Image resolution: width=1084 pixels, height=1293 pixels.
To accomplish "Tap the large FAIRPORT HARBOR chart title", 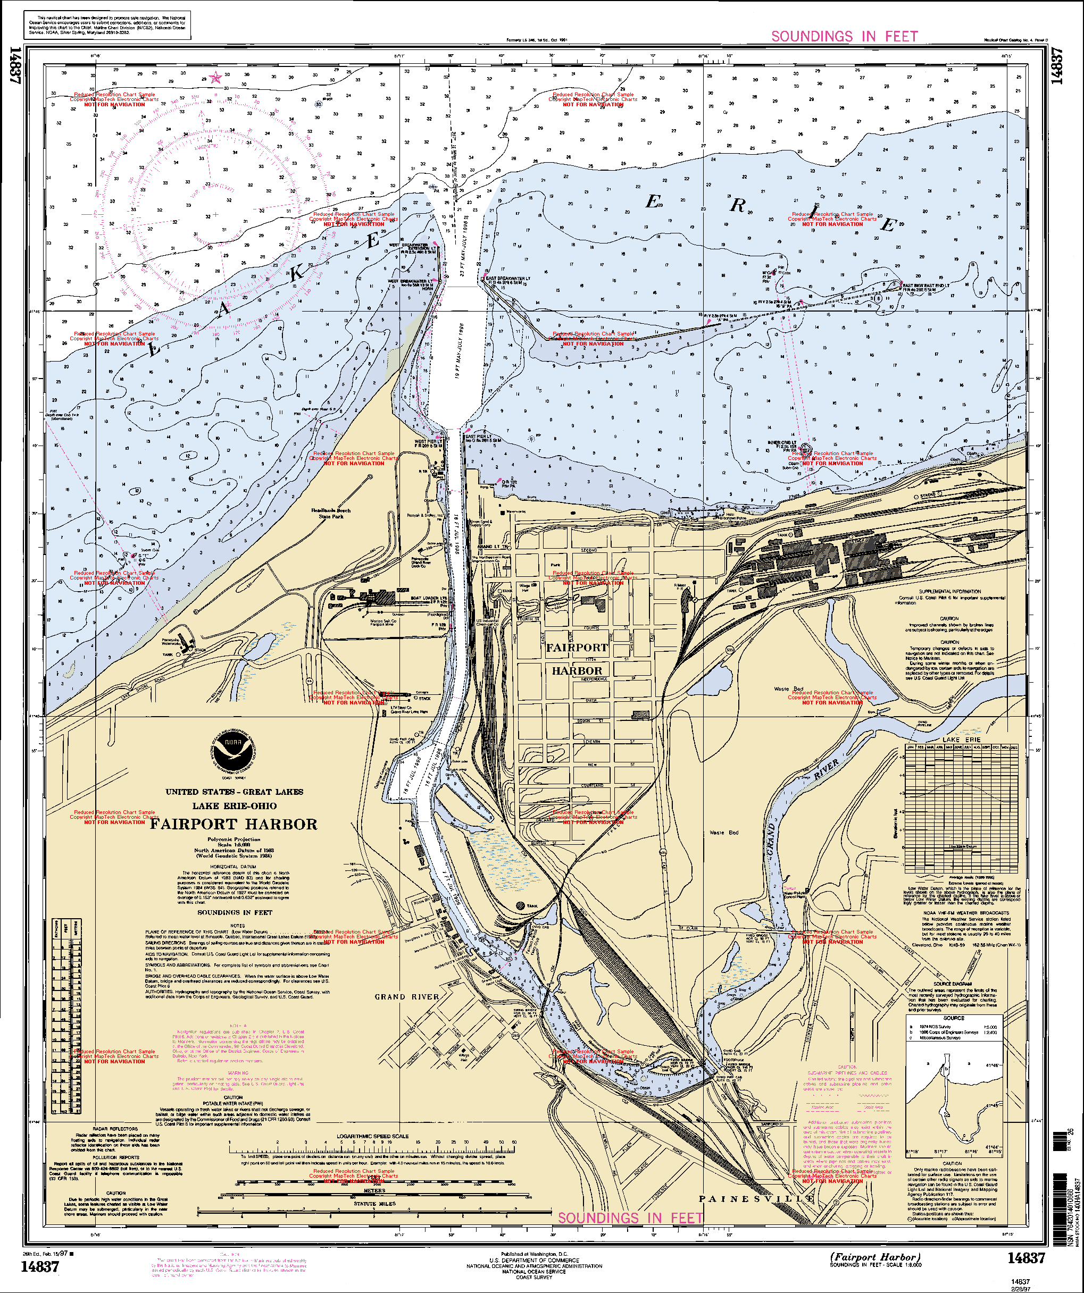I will (x=234, y=825).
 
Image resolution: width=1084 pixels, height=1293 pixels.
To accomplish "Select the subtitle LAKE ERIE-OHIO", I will (x=234, y=806).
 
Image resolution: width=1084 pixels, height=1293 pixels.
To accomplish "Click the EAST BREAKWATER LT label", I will (x=507, y=278).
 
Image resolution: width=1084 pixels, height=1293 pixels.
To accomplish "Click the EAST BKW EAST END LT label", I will (x=925, y=286).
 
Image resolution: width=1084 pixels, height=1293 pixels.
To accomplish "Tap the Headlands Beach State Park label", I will (x=331, y=514).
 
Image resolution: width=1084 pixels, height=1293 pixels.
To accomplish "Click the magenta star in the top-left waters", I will (x=215, y=78).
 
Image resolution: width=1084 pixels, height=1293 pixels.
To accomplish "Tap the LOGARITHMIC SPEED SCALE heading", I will (x=372, y=1136).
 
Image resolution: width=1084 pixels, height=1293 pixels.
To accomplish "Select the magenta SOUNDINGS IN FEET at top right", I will (x=845, y=36).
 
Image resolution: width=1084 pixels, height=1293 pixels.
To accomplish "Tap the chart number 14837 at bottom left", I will (x=40, y=1266).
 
